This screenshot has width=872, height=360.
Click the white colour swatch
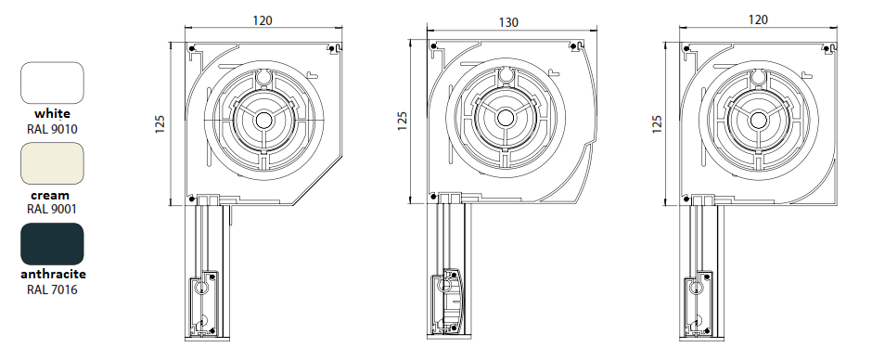(x=52, y=83)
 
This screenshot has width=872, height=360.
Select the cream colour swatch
(x=52, y=163)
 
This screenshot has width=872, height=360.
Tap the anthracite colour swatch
(x=52, y=244)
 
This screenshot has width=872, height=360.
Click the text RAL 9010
(x=52, y=129)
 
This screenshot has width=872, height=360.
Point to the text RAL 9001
(x=52, y=209)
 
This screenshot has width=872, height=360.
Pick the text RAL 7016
(x=52, y=289)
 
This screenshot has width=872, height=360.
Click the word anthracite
(x=54, y=275)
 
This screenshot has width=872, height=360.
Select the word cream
(x=50, y=195)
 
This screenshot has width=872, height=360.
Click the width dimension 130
(x=508, y=22)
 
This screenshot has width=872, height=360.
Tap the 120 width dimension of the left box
(x=263, y=20)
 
